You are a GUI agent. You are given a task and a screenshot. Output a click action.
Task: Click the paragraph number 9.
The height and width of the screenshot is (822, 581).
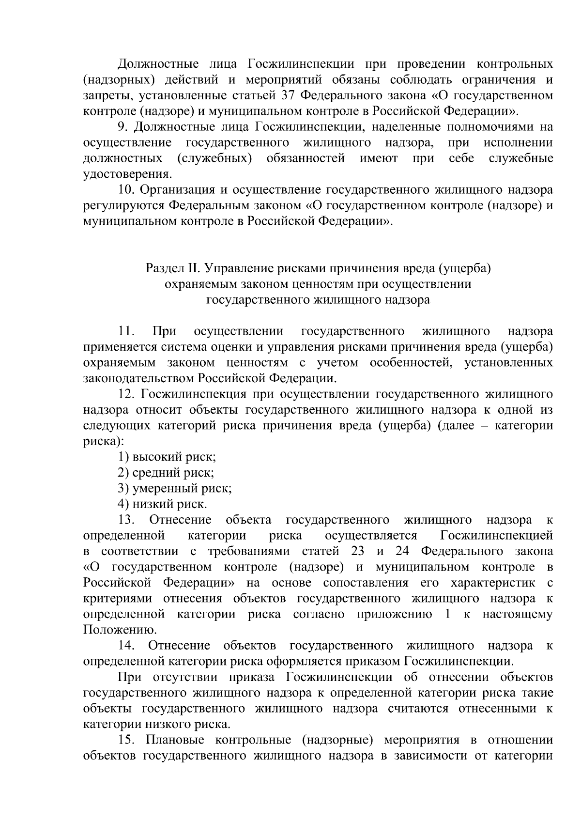pyautogui.click(x=122, y=127)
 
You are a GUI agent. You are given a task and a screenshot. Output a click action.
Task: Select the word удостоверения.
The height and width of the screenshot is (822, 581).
pyautogui.click(x=127, y=174)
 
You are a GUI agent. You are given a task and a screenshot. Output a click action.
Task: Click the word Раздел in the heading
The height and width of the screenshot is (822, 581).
pyautogui.click(x=163, y=268)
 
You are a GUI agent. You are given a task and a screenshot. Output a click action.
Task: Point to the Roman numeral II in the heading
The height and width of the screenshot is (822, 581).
pyautogui.click(x=194, y=268)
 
